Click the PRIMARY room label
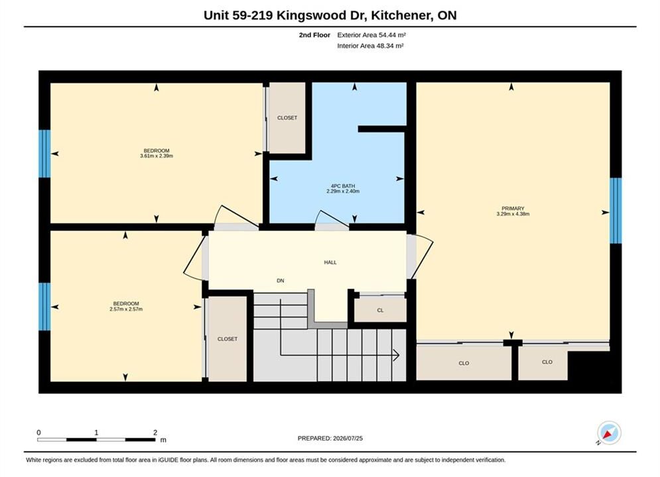coord(513,209)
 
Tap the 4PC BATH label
coord(343,185)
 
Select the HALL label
coord(330,262)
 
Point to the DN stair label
coord(281,280)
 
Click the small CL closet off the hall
coord(380,310)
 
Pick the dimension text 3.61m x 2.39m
coord(157,156)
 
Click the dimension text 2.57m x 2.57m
coord(126,309)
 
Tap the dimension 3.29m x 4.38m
coord(513,214)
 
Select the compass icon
coord(609,433)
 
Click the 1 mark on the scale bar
coord(96,432)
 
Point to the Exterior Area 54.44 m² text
coord(371,35)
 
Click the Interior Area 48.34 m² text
coord(370,46)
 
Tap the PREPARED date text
coord(330,438)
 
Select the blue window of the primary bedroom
coord(616,211)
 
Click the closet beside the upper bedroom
coord(287,118)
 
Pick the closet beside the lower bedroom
coord(228,339)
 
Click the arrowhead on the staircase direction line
coord(396,355)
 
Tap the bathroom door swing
coord(332,218)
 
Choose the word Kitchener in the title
coord(402,15)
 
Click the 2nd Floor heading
coord(314,35)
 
